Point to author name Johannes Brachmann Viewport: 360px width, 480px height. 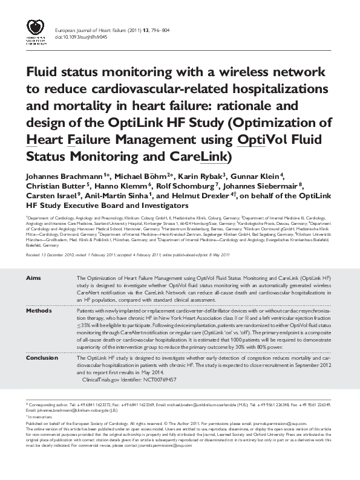pyautogui.click(x=65, y=175)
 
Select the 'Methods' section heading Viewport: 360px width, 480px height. pyautogui.click(x=38, y=310)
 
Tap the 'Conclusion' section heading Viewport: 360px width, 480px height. pyautogui.click(x=41, y=358)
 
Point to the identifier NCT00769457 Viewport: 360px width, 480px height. pyautogui.click(x=158, y=380)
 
